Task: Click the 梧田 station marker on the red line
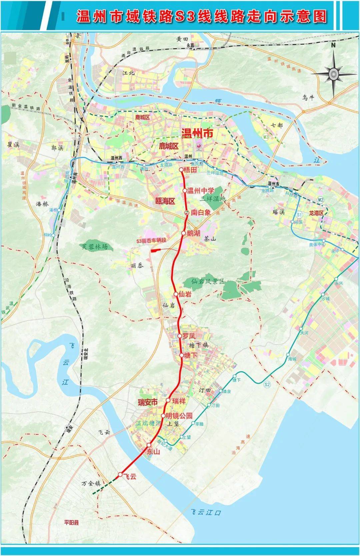(x=181, y=170)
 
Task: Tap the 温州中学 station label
(x=200, y=191)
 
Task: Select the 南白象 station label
(x=201, y=212)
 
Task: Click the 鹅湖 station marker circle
(x=183, y=233)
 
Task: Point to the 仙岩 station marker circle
(x=176, y=294)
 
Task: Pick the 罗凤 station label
(x=189, y=336)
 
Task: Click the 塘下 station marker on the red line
(x=182, y=356)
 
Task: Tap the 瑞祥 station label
(x=179, y=401)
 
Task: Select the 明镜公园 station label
(x=179, y=416)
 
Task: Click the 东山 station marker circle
(x=149, y=445)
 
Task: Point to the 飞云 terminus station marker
(x=120, y=474)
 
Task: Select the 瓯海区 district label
(x=165, y=201)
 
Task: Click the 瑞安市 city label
(x=148, y=403)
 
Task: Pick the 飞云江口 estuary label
(x=206, y=512)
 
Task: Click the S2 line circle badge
(x=267, y=385)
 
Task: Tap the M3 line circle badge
(x=265, y=137)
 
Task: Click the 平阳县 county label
(x=72, y=523)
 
